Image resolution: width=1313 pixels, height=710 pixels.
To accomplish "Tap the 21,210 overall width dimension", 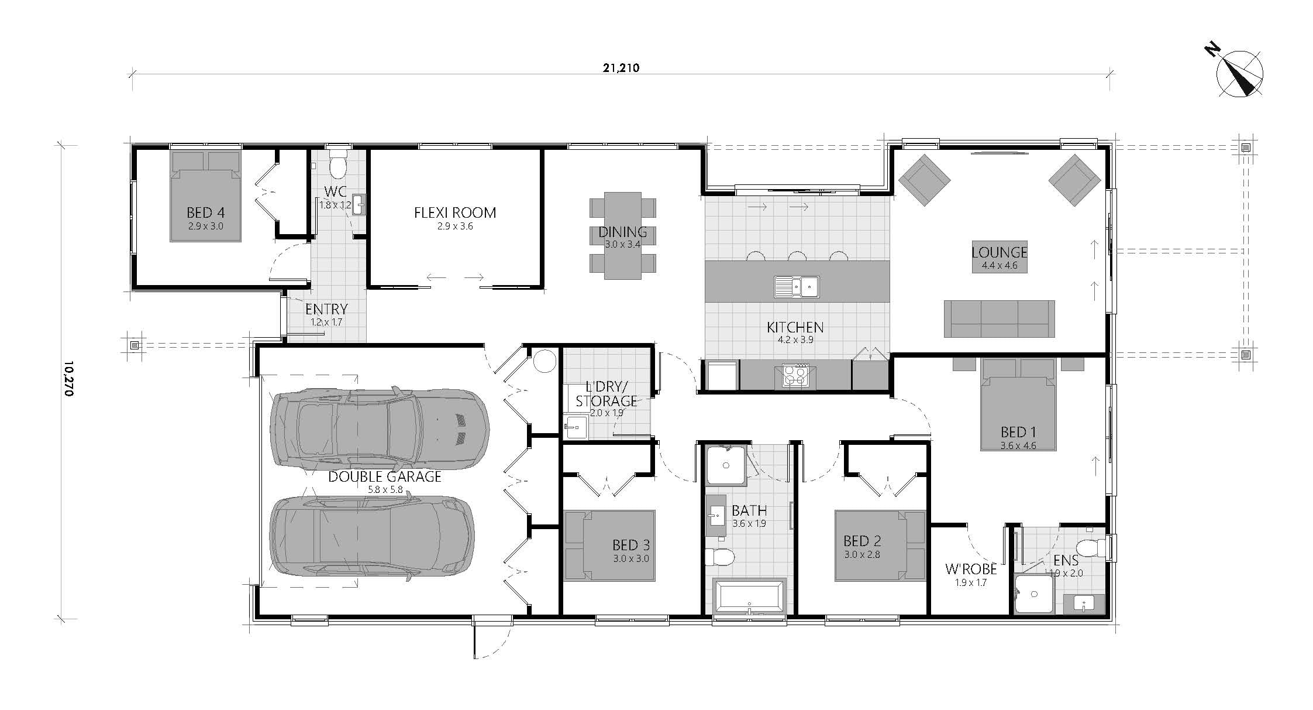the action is pos(621,68).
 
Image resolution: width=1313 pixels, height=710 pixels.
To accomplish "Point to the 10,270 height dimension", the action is pos(68,379).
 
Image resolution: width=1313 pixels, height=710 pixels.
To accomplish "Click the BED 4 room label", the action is pos(205,212).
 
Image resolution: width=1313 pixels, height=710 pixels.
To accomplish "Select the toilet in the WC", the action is pos(338,163).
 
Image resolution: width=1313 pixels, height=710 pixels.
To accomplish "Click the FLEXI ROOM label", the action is pos(455,212).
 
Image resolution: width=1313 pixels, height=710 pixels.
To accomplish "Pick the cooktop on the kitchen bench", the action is pos(795,376).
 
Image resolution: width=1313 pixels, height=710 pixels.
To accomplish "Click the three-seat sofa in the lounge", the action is pos(1000,319).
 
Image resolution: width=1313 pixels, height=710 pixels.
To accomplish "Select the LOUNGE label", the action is pos(1000,252).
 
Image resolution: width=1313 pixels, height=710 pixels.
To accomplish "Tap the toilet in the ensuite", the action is pos(1092,548).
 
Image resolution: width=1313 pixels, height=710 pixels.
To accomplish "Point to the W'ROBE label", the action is pos(971,568).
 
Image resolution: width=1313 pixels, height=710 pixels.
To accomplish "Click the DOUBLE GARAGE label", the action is pos(385,476).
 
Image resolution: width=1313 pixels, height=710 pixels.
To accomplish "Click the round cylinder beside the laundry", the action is pos(545,361).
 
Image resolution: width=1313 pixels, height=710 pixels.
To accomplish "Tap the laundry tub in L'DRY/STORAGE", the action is pos(576,426).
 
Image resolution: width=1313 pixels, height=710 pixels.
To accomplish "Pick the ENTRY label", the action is pos(326,309).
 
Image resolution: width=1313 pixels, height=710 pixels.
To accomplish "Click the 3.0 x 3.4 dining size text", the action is pos(622,245).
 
